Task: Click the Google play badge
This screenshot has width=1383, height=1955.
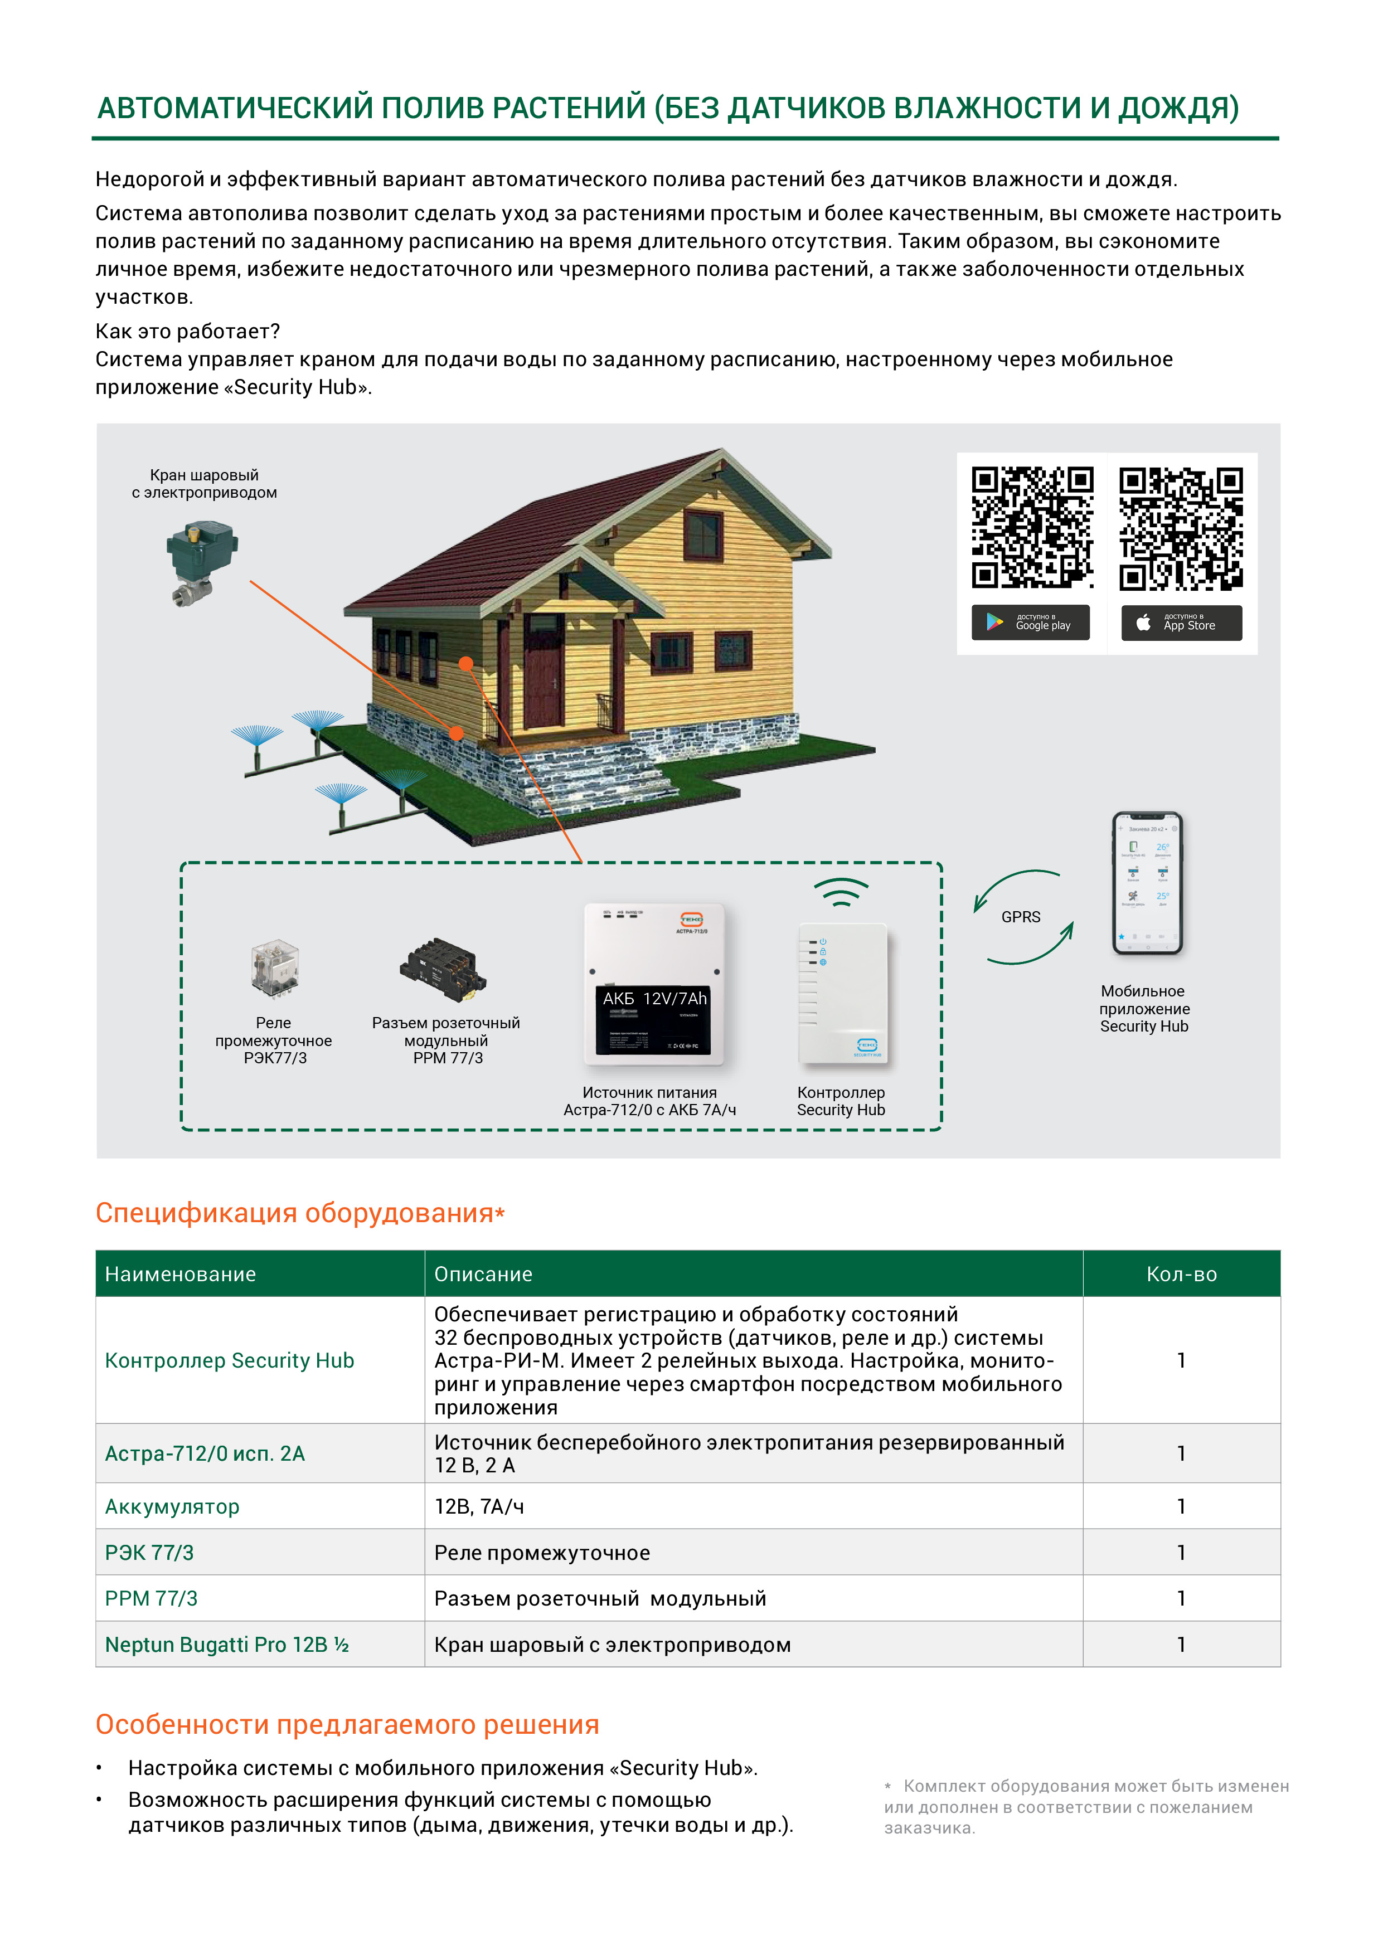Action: click(x=1031, y=623)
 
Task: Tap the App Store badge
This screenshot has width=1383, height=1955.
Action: click(x=1181, y=623)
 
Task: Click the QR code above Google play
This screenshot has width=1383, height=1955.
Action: click(x=1032, y=527)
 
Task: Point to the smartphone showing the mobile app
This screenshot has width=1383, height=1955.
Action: click(x=1147, y=883)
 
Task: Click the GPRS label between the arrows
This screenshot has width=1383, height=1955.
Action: click(x=1020, y=917)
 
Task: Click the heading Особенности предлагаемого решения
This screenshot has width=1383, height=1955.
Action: click(x=347, y=1724)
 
